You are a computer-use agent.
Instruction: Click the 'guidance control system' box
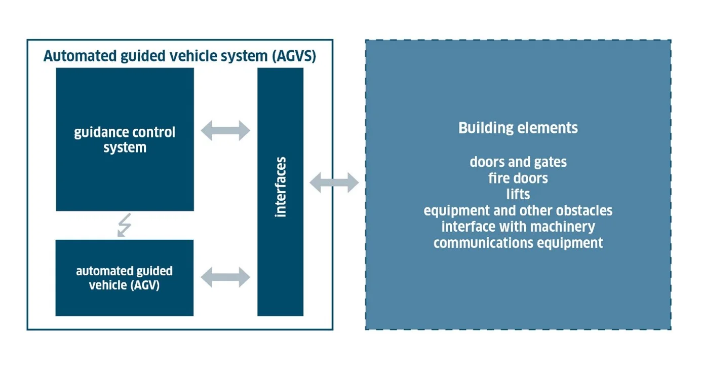point(125,139)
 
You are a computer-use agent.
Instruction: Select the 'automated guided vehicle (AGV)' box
point(125,278)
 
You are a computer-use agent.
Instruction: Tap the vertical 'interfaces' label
point(281,187)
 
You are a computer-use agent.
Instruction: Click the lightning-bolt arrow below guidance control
point(125,225)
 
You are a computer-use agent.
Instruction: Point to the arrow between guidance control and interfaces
point(225,130)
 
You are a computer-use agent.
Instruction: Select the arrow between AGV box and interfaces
point(225,277)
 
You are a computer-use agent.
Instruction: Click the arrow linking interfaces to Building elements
point(334,182)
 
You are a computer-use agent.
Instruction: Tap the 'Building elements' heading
point(518,128)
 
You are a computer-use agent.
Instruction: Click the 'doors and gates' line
point(518,162)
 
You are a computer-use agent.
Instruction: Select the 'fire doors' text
point(518,178)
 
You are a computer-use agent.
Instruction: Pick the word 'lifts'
point(518,194)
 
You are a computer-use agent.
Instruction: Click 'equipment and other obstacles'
point(518,210)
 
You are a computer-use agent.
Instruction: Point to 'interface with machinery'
point(518,227)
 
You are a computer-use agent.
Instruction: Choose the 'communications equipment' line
point(518,243)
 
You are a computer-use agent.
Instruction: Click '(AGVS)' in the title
point(294,56)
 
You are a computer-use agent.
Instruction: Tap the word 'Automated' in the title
point(80,56)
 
